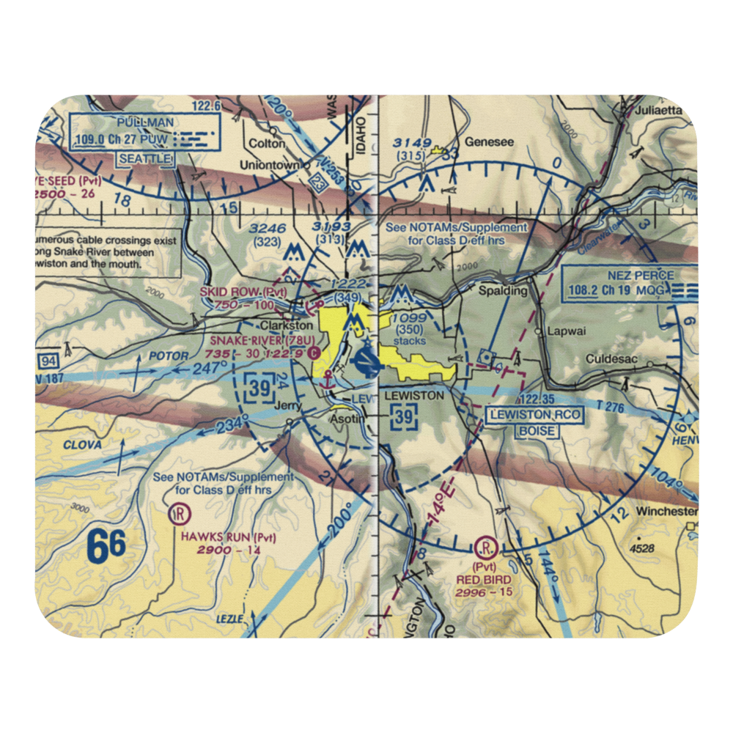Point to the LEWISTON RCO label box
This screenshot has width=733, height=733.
pos(534,422)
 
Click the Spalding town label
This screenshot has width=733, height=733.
pos(503,291)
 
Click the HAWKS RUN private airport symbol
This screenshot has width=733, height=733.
pos(177,514)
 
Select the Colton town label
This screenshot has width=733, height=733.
pos(266,144)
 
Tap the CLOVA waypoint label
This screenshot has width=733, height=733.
pos(81,444)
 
